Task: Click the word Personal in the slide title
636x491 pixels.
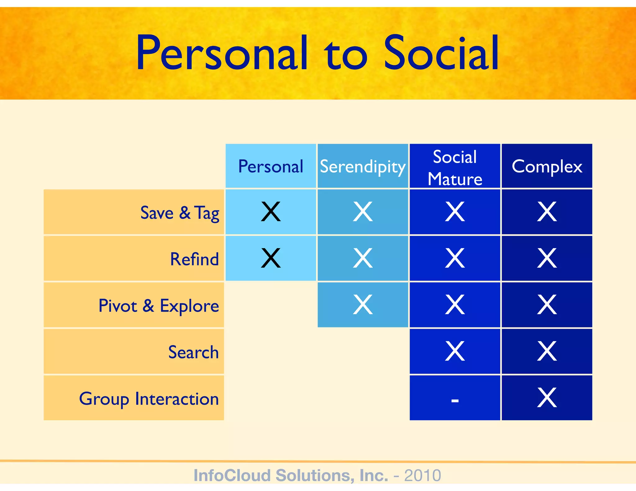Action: pyautogui.click(x=222, y=53)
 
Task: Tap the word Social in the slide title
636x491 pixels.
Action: pyautogui.click(x=441, y=53)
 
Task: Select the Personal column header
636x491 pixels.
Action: pyautogui.click(x=270, y=166)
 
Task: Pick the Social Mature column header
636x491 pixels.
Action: pyautogui.click(x=455, y=168)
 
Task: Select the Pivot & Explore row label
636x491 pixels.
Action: pyautogui.click(x=159, y=306)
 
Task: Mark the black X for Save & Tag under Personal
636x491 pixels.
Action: pyautogui.click(x=271, y=212)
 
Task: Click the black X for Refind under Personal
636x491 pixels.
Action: pyautogui.click(x=271, y=258)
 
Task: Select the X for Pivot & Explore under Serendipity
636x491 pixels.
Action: pyautogui.click(x=362, y=304)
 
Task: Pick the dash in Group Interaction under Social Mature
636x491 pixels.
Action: pyautogui.click(x=455, y=401)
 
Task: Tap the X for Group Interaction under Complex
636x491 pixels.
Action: pyautogui.click(x=547, y=398)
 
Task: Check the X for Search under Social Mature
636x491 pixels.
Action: pyautogui.click(x=455, y=351)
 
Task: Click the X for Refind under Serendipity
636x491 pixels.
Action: pyautogui.click(x=362, y=258)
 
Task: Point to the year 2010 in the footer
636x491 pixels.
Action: pyautogui.click(x=422, y=475)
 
